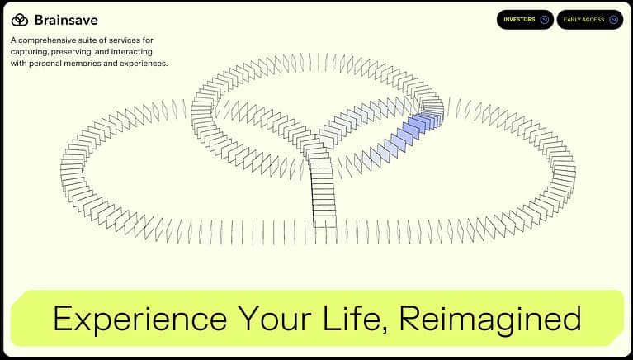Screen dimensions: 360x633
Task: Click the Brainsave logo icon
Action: (20, 19)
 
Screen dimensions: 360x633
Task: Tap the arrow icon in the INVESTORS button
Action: (544, 19)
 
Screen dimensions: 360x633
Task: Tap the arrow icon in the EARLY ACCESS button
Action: (613, 19)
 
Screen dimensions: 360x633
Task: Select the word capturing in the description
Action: (32, 51)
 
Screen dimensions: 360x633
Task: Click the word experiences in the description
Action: (144, 63)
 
